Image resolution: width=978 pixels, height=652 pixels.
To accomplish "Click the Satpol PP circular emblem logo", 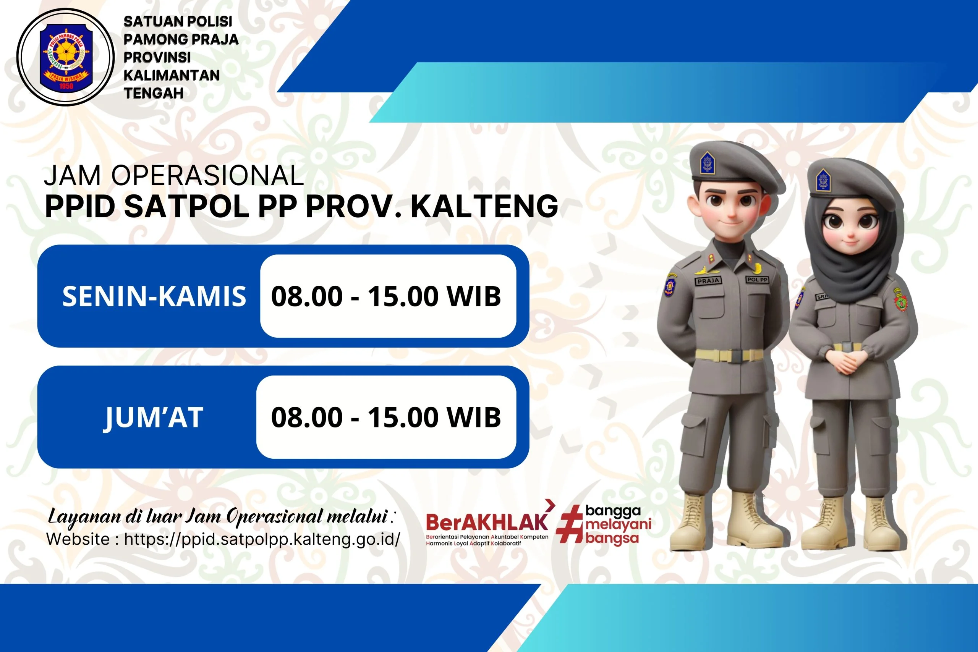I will [65, 57].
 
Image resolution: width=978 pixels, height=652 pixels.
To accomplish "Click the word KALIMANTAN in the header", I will [171, 75].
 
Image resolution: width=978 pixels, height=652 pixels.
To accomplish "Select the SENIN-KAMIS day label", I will [154, 296].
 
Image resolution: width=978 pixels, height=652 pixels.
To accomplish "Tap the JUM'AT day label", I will [153, 417].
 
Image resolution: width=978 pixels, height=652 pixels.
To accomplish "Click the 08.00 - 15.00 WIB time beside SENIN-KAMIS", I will [386, 296].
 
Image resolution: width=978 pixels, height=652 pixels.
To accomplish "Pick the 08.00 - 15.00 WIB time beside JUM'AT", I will [386, 417].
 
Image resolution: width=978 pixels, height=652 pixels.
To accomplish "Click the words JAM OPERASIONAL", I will [174, 176].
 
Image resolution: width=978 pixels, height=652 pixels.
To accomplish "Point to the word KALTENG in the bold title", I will [484, 207].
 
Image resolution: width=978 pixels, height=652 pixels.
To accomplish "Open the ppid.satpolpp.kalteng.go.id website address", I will [262, 539].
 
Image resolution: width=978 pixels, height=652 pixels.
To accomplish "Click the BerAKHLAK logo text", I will [486, 522].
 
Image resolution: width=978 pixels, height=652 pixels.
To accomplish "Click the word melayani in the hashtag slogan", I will [618, 524].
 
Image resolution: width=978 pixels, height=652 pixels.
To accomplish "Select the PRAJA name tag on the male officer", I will [708, 281].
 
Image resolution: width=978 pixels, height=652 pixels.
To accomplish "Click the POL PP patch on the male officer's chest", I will [757, 280].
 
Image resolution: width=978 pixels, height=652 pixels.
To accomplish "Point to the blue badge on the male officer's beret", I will [707, 162].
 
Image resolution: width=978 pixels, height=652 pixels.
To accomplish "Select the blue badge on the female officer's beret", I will [823, 180].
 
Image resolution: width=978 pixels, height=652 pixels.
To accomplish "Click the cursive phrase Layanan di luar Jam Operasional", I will [218, 517].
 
